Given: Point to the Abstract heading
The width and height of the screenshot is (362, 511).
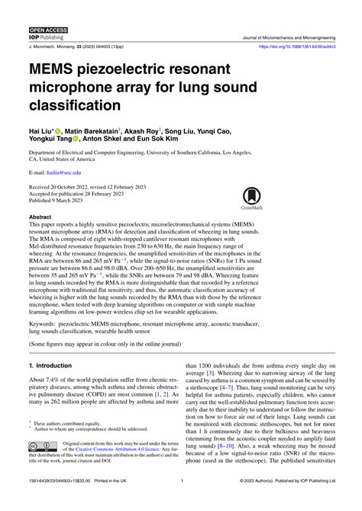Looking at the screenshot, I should tap(42, 217).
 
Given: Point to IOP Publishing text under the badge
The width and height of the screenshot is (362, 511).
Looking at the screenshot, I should tap(44, 37).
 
